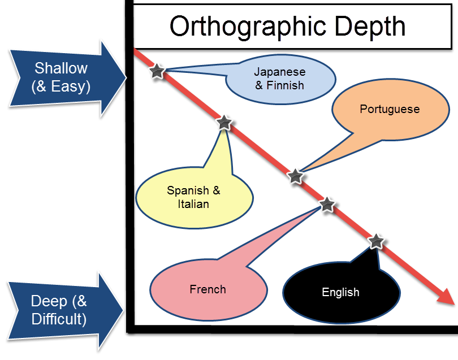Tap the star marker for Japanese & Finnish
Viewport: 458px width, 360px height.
(157, 71)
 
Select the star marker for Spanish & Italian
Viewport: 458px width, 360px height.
(224, 122)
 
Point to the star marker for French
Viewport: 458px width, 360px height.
(327, 204)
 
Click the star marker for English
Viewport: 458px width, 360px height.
(377, 241)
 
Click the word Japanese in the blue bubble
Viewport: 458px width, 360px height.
(279, 72)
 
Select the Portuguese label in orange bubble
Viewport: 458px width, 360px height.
(390, 109)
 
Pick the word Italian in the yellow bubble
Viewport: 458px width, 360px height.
(193, 204)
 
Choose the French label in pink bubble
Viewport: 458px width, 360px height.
(208, 289)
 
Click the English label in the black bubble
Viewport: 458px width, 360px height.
(340, 292)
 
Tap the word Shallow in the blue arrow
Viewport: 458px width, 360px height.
(61, 68)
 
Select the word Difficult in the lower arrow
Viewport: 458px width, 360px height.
(59, 319)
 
